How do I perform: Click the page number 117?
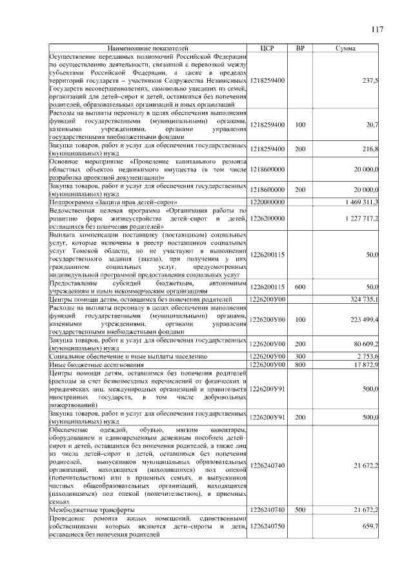tap(378, 29)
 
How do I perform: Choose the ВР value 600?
tap(300, 286)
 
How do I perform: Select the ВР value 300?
tap(300, 356)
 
